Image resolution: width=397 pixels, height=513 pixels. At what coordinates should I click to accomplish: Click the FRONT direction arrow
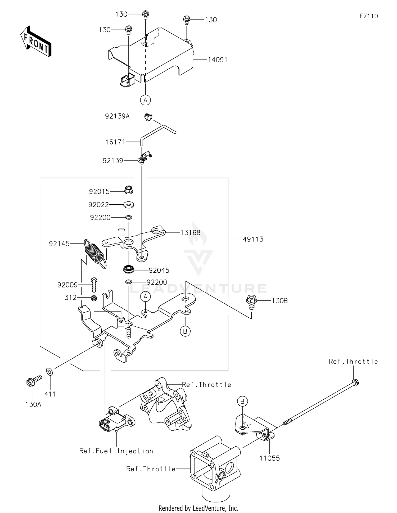click(36, 41)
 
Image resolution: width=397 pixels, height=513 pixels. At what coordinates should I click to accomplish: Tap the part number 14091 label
click(218, 60)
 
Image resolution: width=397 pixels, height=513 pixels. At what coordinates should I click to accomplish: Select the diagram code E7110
click(369, 16)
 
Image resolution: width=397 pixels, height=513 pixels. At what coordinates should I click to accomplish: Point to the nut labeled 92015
click(129, 190)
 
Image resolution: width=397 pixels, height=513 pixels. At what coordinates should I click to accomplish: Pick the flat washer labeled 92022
click(129, 204)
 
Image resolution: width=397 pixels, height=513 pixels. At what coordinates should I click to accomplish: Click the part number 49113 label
click(253, 239)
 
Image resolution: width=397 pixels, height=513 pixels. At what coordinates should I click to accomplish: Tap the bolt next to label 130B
click(251, 302)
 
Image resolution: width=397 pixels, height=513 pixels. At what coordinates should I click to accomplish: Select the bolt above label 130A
click(34, 380)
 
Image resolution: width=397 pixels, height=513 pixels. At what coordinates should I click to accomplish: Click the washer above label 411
click(49, 371)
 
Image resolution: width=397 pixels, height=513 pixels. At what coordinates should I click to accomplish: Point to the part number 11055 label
click(269, 458)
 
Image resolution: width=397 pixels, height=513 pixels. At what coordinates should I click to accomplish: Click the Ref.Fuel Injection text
click(116, 451)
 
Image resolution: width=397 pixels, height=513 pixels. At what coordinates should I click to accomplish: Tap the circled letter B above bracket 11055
click(242, 402)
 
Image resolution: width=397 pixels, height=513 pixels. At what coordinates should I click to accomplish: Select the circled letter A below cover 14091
click(145, 100)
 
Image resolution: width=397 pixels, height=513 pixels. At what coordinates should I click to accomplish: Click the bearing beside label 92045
click(129, 269)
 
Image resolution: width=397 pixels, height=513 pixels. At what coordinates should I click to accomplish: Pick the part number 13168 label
click(190, 233)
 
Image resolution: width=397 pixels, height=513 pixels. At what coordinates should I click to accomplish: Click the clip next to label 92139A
click(148, 116)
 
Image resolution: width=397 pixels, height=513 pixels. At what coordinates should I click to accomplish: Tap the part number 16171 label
click(115, 142)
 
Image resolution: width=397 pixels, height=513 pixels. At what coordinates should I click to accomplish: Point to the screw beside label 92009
click(94, 285)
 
